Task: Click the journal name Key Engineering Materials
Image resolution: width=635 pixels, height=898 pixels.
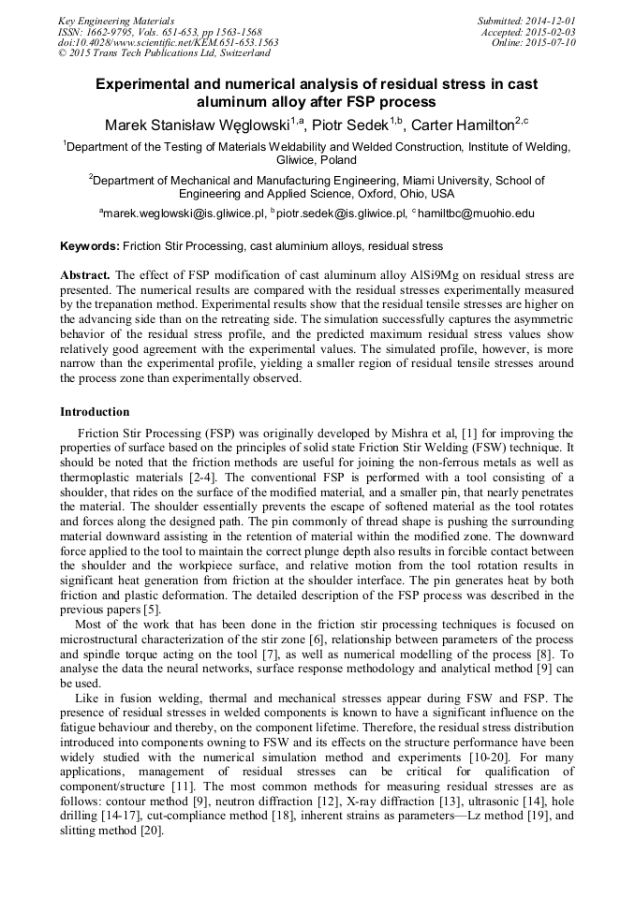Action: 115,21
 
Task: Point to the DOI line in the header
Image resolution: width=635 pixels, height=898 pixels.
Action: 168,43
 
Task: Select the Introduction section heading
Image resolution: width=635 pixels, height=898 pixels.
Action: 95,412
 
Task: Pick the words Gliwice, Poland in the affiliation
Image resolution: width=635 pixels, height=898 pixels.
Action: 317,160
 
